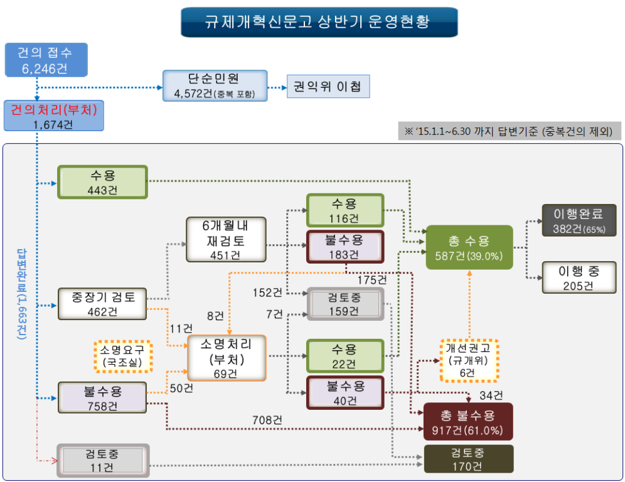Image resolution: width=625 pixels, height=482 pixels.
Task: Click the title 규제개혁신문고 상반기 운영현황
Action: click(318, 22)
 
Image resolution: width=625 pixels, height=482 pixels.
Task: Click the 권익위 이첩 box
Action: click(328, 87)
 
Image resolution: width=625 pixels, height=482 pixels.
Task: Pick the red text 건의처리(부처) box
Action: click(53, 116)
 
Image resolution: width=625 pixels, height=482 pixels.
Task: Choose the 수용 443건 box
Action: click(102, 182)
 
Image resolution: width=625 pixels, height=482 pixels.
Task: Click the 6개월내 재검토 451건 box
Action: click(225, 239)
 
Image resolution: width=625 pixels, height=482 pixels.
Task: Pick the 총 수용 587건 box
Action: click(469, 247)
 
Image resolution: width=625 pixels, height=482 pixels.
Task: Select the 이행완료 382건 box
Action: click(579, 220)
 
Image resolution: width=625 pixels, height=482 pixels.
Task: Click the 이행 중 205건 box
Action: click(579, 277)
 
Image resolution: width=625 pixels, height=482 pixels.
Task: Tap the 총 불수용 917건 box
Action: click(468, 422)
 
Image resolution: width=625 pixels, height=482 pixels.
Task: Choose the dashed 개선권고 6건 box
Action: click(468, 360)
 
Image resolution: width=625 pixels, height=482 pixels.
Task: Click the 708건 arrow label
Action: click(267, 419)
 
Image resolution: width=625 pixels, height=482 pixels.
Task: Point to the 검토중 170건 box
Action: click(468, 459)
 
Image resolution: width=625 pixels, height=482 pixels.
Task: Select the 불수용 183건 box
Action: click(344, 247)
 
